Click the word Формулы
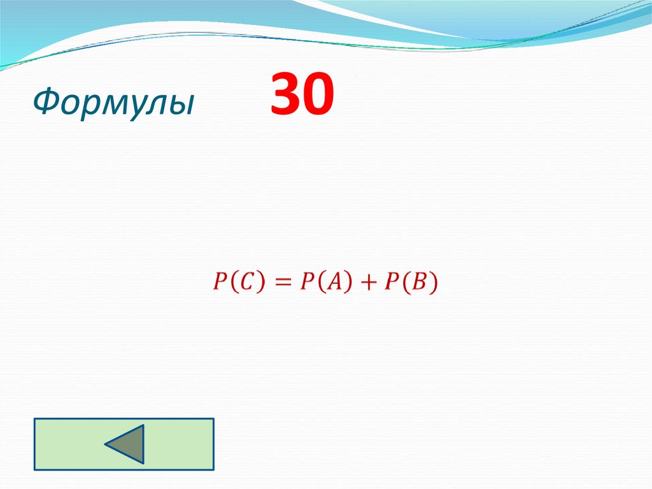coord(113,103)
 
